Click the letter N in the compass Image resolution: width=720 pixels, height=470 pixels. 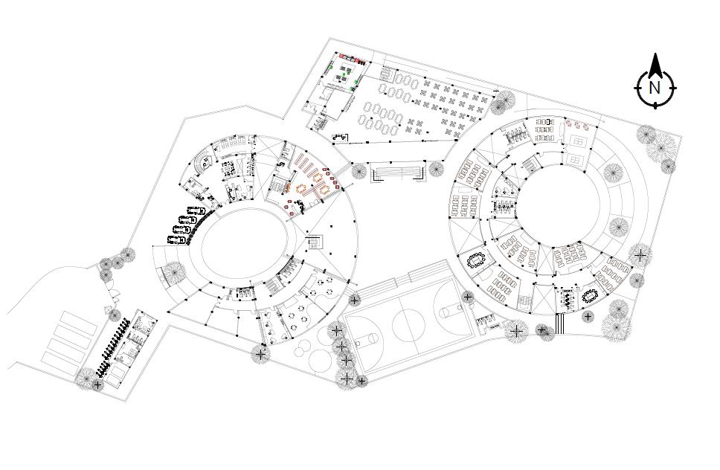tap(655, 88)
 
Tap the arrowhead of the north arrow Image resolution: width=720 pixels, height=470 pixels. tap(655, 65)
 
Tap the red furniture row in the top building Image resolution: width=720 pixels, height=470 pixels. tap(350, 57)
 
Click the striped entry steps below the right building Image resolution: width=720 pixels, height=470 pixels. tap(559, 324)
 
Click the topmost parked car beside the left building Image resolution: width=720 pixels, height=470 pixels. tap(196, 212)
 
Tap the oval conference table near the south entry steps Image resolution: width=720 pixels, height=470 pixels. tap(593, 295)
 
